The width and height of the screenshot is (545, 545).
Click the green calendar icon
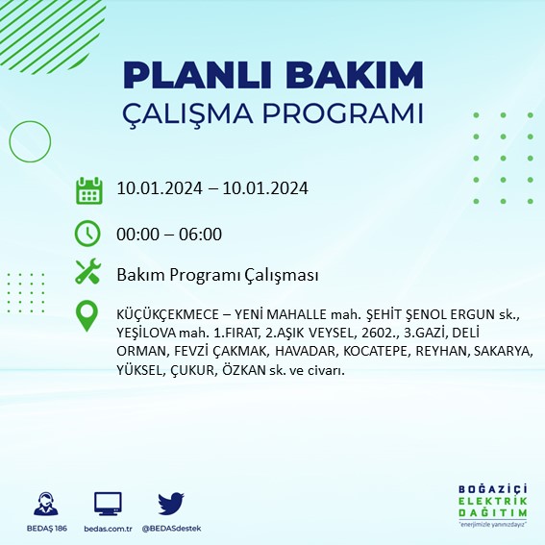(88, 189)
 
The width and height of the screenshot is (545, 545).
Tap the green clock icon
(88, 234)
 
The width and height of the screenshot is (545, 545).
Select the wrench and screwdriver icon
(88, 275)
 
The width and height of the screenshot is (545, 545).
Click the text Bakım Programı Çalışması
(217, 276)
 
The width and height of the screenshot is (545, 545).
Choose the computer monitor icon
(108, 504)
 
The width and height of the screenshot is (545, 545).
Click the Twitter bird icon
(170, 504)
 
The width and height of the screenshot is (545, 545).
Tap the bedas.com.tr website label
(108, 529)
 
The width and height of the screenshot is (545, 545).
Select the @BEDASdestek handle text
(171, 529)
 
